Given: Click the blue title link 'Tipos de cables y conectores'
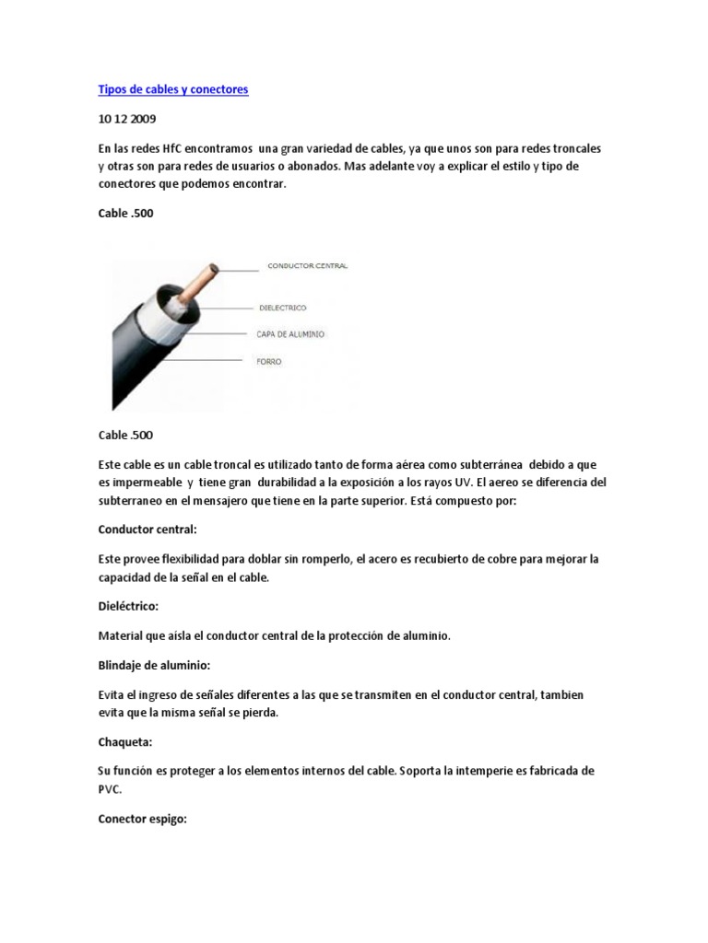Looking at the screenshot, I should click(x=173, y=90).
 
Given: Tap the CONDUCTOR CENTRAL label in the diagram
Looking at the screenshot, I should click(x=307, y=266).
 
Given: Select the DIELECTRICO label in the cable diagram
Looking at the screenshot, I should click(x=281, y=308).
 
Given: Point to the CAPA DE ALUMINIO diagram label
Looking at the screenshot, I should click(x=290, y=333).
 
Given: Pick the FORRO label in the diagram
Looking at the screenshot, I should click(x=269, y=362).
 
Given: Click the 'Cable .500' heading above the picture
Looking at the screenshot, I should click(x=125, y=214).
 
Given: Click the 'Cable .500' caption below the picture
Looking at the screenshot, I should click(x=125, y=435).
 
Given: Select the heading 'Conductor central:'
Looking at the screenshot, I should click(x=147, y=530).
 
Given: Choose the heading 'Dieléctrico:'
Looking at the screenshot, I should click(x=129, y=606).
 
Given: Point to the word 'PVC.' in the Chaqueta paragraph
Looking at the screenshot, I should click(x=111, y=788).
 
